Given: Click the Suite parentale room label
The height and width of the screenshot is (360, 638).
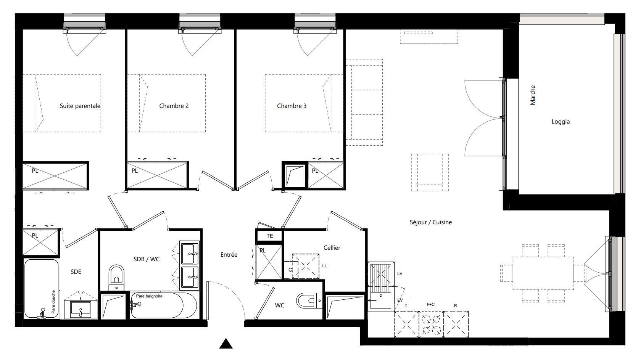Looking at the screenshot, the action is pyautogui.click(x=80, y=106).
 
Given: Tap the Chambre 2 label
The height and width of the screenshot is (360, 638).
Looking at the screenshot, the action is pyautogui.click(x=174, y=106).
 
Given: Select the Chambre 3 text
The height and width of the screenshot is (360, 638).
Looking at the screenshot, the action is pyautogui.click(x=292, y=106).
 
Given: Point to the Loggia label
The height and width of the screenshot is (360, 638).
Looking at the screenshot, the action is pyautogui.click(x=561, y=122).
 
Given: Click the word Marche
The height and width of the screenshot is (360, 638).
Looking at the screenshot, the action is pyautogui.click(x=533, y=95).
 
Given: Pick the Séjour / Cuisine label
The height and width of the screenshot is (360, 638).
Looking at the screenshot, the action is pyautogui.click(x=431, y=222).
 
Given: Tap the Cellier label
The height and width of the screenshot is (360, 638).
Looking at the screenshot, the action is pyautogui.click(x=332, y=247).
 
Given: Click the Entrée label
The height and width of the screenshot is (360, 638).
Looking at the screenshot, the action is pyautogui.click(x=229, y=255).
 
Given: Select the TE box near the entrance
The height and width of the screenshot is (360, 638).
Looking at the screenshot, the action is pyautogui.click(x=269, y=236).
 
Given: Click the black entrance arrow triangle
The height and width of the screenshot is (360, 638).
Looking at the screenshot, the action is pyautogui.click(x=226, y=344).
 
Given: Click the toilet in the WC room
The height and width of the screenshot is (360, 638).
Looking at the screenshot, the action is pyautogui.click(x=309, y=301).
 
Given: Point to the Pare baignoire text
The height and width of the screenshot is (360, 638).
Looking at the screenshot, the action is pyautogui.click(x=149, y=296).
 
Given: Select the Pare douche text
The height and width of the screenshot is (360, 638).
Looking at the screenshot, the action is pyautogui.click(x=53, y=302).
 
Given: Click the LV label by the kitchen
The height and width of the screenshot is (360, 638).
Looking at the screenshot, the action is pyautogui.click(x=400, y=273).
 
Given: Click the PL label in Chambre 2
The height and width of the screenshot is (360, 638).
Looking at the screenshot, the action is pyautogui.click(x=134, y=171).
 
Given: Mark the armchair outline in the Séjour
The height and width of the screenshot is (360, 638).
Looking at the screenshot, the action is pyautogui.click(x=430, y=172).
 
